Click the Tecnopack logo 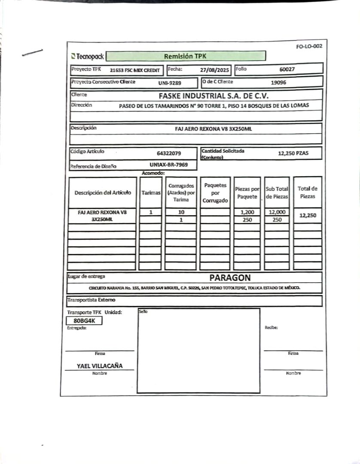click(88, 56)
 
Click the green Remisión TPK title click(185, 56)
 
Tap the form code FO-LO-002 click(309, 46)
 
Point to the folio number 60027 click(287, 69)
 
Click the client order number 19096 click(278, 82)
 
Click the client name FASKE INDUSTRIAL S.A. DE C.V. click(214, 95)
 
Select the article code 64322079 click(169, 153)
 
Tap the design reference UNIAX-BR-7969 click(168, 164)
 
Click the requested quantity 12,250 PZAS click(293, 153)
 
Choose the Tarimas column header click(150, 193)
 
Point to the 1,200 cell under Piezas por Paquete click(247, 212)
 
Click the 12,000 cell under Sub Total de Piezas click(277, 212)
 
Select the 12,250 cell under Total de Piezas click(308, 216)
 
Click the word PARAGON click(230, 278)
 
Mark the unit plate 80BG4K click(84, 321)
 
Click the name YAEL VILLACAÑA click(100, 366)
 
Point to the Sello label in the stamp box click(143, 311)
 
